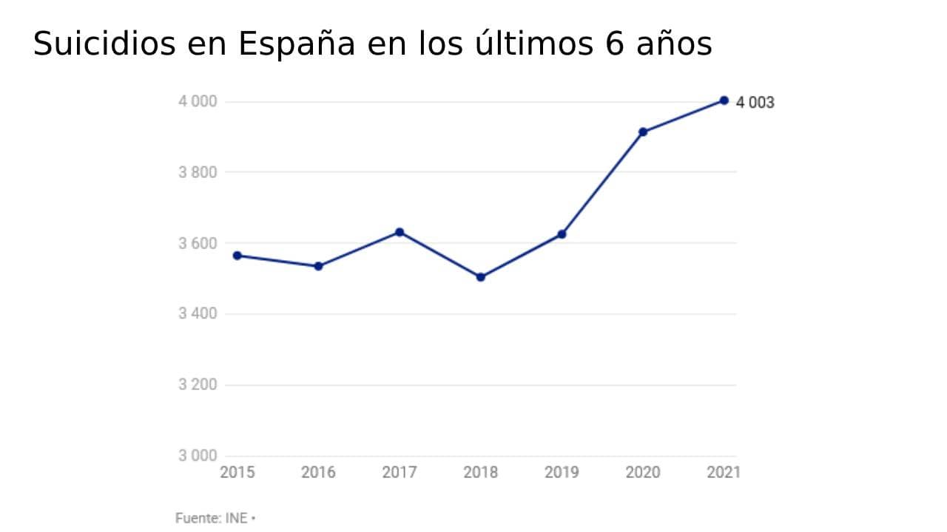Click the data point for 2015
(237, 256)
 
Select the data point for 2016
(319, 266)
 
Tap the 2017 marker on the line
(400, 232)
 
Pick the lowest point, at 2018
(481, 277)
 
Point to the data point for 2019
(562, 234)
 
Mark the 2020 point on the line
(643, 132)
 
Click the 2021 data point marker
(724, 100)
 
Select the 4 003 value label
(755, 103)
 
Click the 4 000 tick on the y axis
(197, 101)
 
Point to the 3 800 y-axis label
(197, 172)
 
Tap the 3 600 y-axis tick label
(197, 243)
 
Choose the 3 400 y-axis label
(197, 314)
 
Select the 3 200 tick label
(197, 385)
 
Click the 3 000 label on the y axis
(197, 455)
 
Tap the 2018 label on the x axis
(481, 472)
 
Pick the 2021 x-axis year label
(724, 472)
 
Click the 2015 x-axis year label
(237, 472)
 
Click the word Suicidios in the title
(104, 44)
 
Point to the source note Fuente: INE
(212, 519)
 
